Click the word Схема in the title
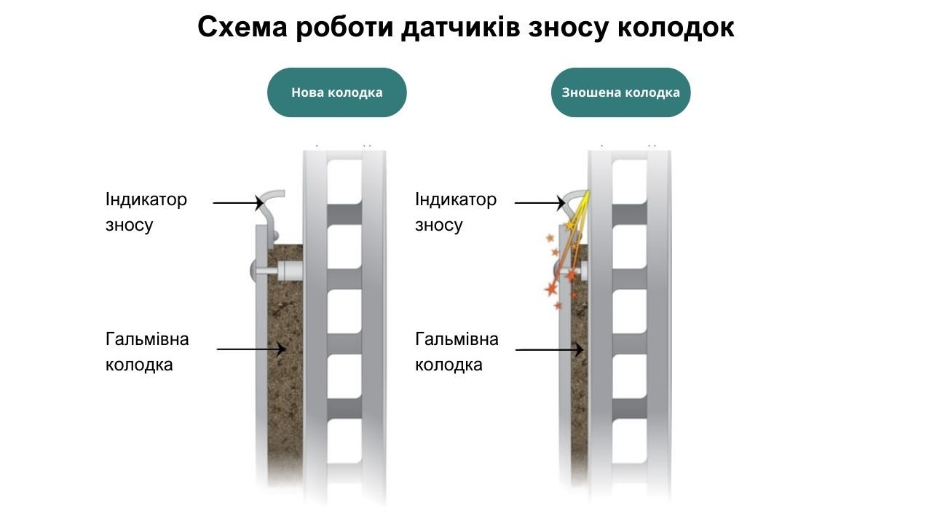click(x=242, y=27)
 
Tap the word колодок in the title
click(x=676, y=28)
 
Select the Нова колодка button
click(x=336, y=92)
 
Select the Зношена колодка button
click(x=621, y=92)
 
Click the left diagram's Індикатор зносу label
click(x=146, y=212)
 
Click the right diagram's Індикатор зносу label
click(x=456, y=212)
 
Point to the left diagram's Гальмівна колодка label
click(x=147, y=352)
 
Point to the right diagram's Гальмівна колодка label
click(x=457, y=352)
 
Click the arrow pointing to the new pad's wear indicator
click(x=238, y=203)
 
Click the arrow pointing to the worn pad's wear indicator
click(x=540, y=203)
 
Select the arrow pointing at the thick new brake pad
click(x=251, y=349)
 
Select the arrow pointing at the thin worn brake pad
click(x=550, y=350)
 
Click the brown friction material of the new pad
click(x=285, y=366)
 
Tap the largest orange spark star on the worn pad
click(x=551, y=289)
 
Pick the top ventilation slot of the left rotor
click(x=344, y=182)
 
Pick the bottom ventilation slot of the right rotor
click(x=630, y=441)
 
